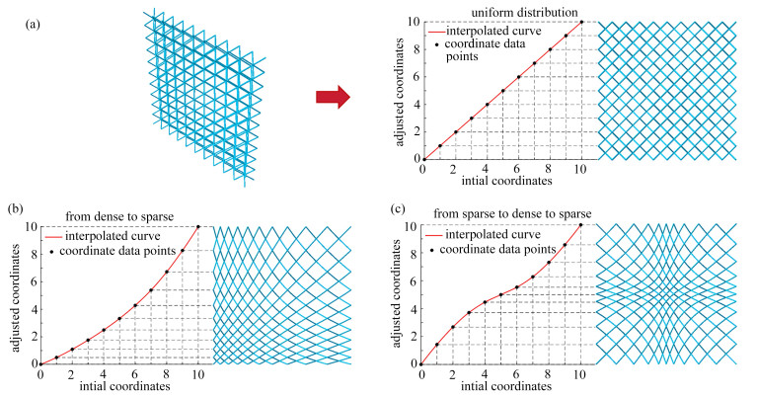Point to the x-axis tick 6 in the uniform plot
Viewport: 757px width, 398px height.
point(518,169)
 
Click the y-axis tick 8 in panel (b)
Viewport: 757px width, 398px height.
point(33,253)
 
